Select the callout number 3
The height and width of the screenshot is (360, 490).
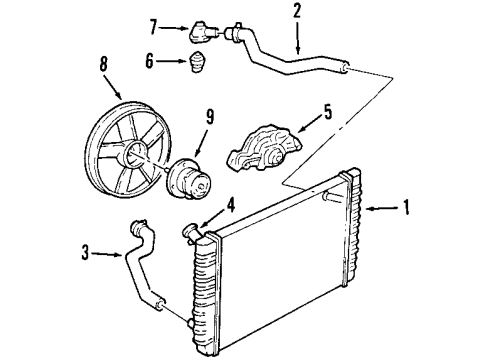(x=85, y=254)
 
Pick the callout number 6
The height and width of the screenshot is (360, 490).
(x=150, y=62)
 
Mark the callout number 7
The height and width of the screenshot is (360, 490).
(x=152, y=23)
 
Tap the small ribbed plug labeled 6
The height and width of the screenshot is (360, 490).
(x=198, y=68)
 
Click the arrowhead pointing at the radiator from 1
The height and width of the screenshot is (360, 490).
(x=368, y=208)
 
